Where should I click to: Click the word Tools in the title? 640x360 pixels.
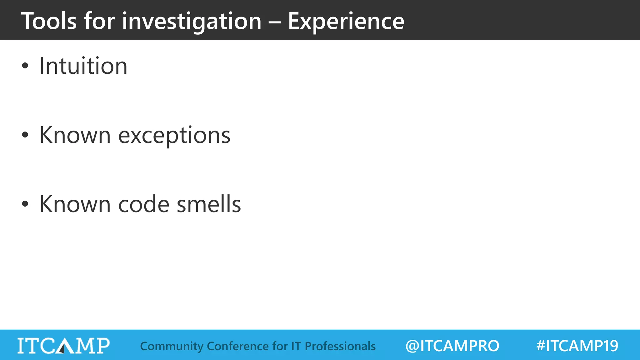(x=49, y=21)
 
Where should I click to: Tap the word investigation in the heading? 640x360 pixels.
(x=192, y=21)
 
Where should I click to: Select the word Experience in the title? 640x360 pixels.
(x=346, y=21)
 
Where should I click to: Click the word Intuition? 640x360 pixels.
(x=83, y=66)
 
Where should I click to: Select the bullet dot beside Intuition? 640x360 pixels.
(x=25, y=66)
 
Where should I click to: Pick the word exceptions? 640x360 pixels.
(x=174, y=135)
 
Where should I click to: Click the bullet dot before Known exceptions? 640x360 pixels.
(x=25, y=135)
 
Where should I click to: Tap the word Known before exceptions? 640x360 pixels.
(x=75, y=135)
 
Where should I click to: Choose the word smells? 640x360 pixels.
(x=209, y=204)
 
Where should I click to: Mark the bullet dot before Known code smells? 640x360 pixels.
(x=25, y=204)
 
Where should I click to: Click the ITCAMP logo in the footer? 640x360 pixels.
(x=63, y=346)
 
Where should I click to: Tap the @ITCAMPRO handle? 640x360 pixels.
(x=452, y=346)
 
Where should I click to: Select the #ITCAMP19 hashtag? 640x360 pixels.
(x=577, y=346)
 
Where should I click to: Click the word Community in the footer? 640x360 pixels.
(x=172, y=346)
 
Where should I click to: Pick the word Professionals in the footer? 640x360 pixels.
(x=340, y=346)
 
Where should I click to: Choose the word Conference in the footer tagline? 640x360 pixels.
(x=237, y=346)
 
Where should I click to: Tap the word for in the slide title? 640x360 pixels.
(x=100, y=21)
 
